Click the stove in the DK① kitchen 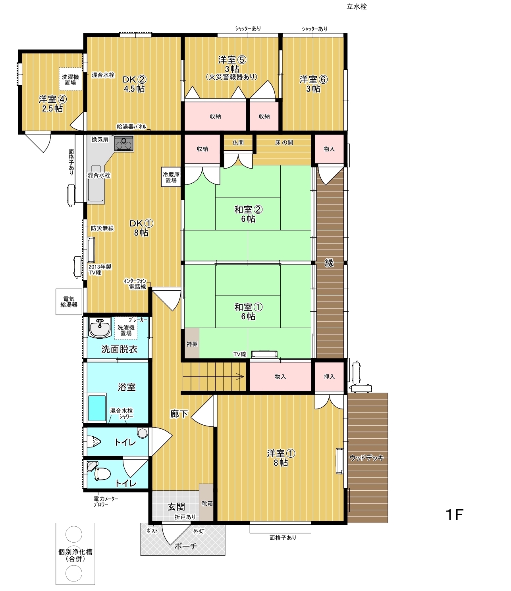124,143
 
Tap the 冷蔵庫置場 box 171,177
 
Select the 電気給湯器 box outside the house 69,301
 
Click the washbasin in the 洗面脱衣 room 100,327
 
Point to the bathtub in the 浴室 97,408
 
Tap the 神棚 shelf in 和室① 192,343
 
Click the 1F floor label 454,514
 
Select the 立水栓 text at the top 357,7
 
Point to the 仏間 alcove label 238,142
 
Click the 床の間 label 284,142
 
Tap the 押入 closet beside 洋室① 329,376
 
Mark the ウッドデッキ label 366,458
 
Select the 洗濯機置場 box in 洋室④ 70,79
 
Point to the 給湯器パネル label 131,127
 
